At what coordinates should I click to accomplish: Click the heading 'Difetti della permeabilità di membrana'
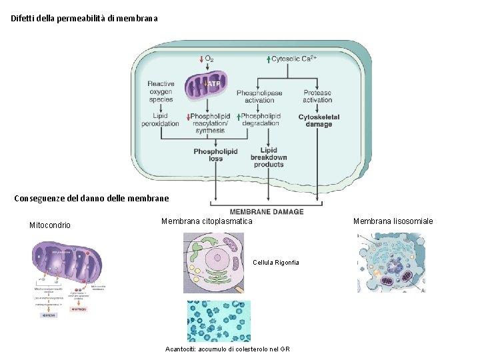tap(85, 19)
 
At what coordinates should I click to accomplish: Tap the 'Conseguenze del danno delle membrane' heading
tap(91, 198)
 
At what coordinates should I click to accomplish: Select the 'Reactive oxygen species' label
tap(161, 91)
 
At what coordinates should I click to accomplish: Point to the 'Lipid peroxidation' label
tap(161, 119)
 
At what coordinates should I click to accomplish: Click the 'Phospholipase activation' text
tap(259, 96)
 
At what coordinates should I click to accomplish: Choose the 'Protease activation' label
tap(317, 96)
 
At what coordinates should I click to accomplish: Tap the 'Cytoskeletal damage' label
tap(319, 121)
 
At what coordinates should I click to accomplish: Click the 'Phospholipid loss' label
tap(215, 155)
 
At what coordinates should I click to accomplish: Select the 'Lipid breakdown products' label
tap(269, 157)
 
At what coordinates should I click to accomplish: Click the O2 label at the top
tap(208, 59)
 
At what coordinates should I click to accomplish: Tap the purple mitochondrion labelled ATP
tap(207, 85)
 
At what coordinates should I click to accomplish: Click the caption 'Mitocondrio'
tap(50, 225)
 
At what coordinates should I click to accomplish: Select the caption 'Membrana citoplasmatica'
tap(207, 221)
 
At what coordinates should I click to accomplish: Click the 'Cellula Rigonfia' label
tap(276, 263)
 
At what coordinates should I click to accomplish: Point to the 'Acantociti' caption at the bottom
tap(227, 349)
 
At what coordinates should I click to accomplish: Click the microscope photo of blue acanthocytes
tap(219, 321)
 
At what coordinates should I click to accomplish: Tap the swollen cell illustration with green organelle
tap(213, 263)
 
